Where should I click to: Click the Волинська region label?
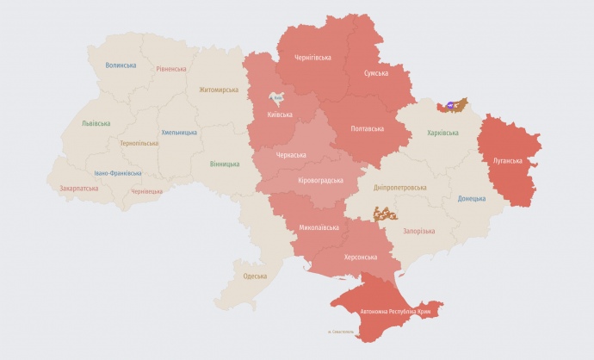[x=121, y=65]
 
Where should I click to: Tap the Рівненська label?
[x=170, y=69]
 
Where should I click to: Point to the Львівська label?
[x=96, y=123]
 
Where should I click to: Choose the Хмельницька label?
[x=179, y=133]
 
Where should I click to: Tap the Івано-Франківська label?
[x=119, y=173]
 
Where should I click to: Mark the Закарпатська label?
[x=78, y=188]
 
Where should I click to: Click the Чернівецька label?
[x=146, y=191]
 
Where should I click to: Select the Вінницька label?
[x=225, y=164]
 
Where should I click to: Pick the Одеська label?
[x=255, y=276]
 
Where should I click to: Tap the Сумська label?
[x=374, y=74]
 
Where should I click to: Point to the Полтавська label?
[x=368, y=128]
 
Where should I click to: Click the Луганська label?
[x=508, y=160]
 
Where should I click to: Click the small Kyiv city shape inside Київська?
[x=277, y=100]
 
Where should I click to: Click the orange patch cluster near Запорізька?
[x=385, y=213]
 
